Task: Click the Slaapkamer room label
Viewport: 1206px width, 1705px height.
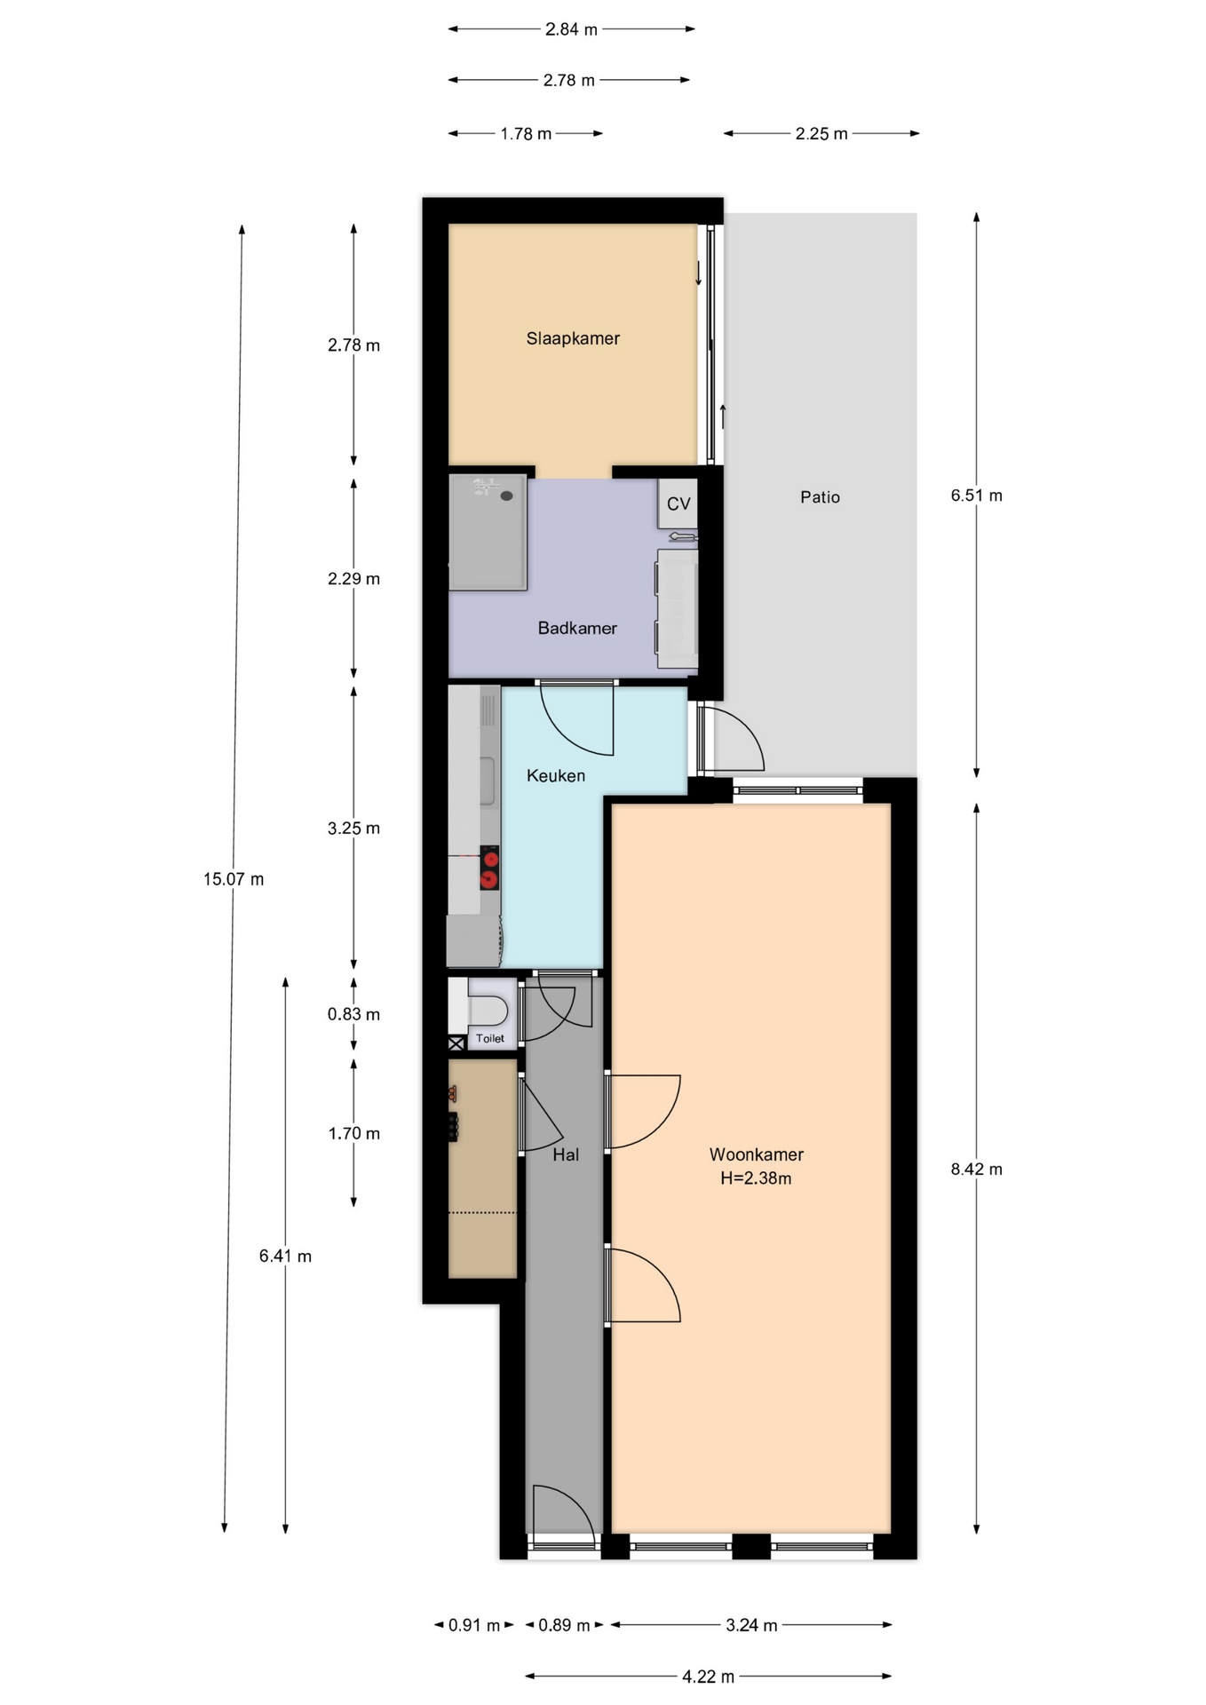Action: pyautogui.click(x=573, y=338)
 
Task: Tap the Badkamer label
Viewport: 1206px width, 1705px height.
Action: pyautogui.click(x=577, y=628)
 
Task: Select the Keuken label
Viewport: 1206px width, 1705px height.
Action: pyautogui.click(x=556, y=775)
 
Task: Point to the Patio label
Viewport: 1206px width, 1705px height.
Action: pyautogui.click(x=820, y=497)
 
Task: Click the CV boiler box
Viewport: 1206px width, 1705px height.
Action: pyautogui.click(x=678, y=504)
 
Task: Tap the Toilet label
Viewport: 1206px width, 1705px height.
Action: pyautogui.click(x=490, y=1038)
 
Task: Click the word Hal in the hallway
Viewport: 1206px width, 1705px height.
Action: pyautogui.click(x=566, y=1154)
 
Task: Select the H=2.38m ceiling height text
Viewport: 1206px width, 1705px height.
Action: pyautogui.click(x=756, y=1178)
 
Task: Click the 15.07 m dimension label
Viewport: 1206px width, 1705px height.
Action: pyautogui.click(x=234, y=879)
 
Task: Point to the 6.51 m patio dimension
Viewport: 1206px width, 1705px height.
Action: pyautogui.click(x=977, y=496)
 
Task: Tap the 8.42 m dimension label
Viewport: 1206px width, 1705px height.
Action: pyautogui.click(x=977, y=1169)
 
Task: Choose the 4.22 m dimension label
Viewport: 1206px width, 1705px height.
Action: pyautogui.click(x=709, y=1677)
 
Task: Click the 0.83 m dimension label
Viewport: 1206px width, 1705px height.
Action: pyautogui.click(x=353, y=1014)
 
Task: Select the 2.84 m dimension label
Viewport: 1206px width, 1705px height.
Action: pyautogui.click(x=571, y=29)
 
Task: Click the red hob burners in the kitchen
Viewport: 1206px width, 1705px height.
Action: pyautogui.click(x=489, y=868)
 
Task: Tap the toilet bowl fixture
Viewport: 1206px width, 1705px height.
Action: pyautogui.click(x=488, y=1011)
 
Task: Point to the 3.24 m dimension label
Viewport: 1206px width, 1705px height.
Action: pyautogui.click(x=751, y=1625)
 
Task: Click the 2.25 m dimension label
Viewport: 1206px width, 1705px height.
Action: pyautogui.click(x=821, y=134)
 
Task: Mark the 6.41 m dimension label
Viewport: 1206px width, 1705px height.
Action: pyautogui.click(x=285, y=1256)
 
